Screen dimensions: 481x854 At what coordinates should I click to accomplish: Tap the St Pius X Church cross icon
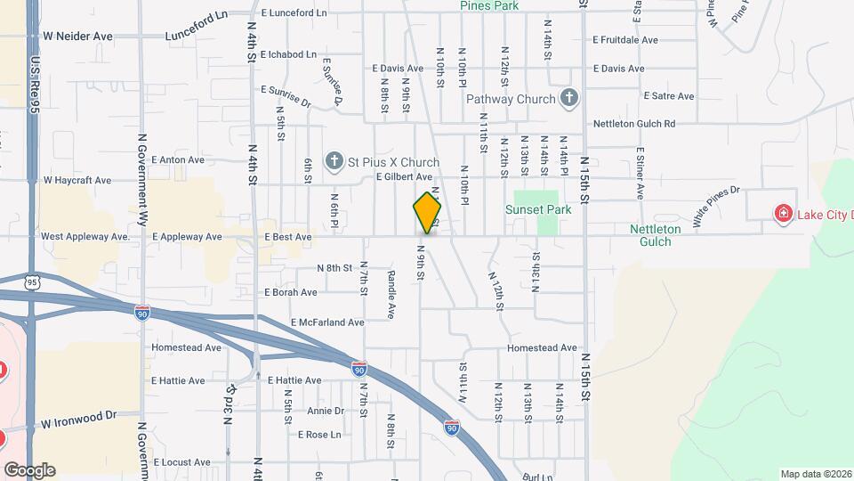pyautogui.click(x=334, y=161)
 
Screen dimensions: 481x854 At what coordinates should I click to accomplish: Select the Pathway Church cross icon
pyautogui.click(x=569, y=99)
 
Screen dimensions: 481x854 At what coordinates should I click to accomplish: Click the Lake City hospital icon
pyautogui.click(x=783, y=214)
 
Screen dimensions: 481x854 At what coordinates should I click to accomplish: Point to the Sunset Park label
pyautogui.click(x=537, y=210)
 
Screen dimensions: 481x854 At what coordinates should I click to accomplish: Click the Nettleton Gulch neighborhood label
pyautogui.click(x=656, y=235)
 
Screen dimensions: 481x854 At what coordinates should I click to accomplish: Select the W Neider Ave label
pyautogui.click(x=77, y=37)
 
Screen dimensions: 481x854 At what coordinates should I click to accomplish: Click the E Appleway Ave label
pyautogui.click(x=187, y=237)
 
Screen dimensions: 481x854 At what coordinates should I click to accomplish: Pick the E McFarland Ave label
pyautogui.click(x=327, y=322)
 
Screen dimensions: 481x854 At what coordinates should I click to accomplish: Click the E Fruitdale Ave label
pyautogui.click(x=625, y=40)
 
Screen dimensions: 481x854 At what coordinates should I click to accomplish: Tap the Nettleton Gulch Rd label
pyautogui.click(x=634, y=124)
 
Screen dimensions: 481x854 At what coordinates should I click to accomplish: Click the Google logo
pyautogui.click(x=28, y=470)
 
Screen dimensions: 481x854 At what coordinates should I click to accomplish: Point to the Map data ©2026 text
pyautogui.click(x=815, y=474)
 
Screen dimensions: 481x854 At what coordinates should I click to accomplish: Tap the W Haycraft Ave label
pyautogui.click(x=77, y=180)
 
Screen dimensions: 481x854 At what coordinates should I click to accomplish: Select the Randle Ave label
pyautogui.click(x=391, y=295)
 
